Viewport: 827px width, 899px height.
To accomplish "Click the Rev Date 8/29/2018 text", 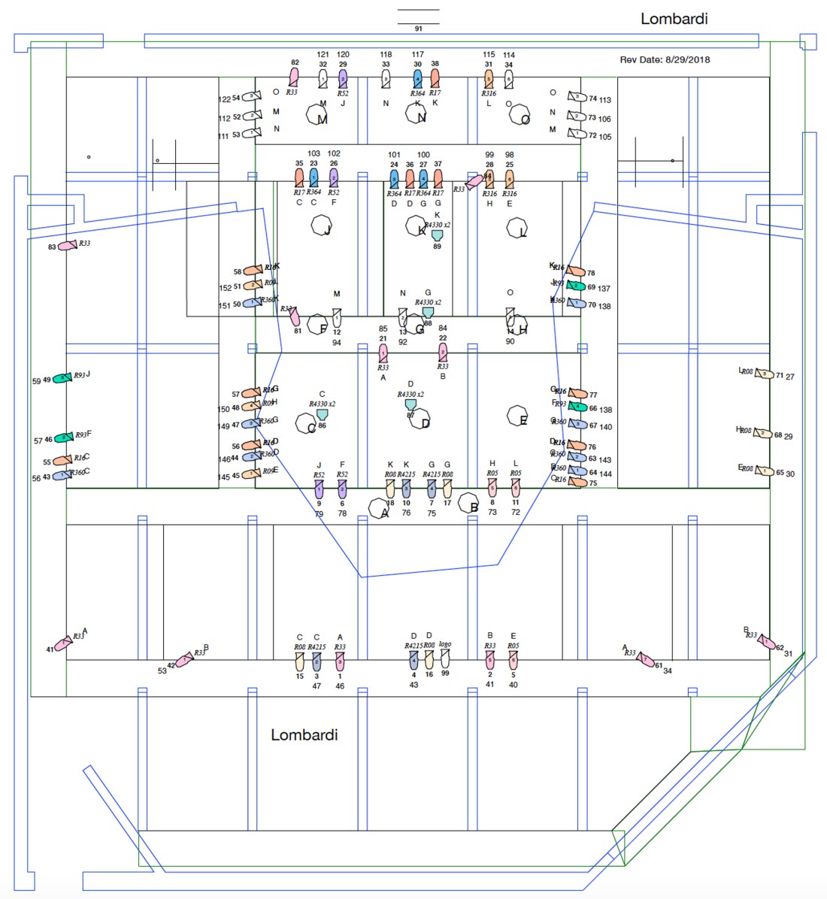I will tap(665, 59).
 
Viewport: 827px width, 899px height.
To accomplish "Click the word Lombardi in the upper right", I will tap(674, 19).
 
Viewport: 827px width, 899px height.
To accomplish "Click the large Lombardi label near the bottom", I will tap(304, 734).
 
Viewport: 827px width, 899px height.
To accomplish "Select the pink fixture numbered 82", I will tap(294, 77).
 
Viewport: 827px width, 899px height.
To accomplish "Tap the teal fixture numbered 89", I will tap(437, 235).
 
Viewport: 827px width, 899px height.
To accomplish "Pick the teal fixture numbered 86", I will tap(322, 415).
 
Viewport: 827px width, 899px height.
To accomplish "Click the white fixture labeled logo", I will tap(445, 660).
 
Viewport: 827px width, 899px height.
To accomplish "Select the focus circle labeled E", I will tap(517, 416).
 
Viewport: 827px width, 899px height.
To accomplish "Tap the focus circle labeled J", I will tap(322, 226).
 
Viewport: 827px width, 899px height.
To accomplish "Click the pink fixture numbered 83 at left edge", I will tap(68, 245).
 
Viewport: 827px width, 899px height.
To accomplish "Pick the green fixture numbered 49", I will tap(62, 378).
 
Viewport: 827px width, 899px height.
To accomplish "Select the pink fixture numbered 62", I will tap(765, 641).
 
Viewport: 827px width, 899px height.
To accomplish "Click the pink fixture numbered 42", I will tap(183, 660).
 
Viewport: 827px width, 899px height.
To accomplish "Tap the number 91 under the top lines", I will tap(418, 29).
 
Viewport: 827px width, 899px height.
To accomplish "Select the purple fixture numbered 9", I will tap(319, 489).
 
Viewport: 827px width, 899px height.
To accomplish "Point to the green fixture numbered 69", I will tap(575, 286).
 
